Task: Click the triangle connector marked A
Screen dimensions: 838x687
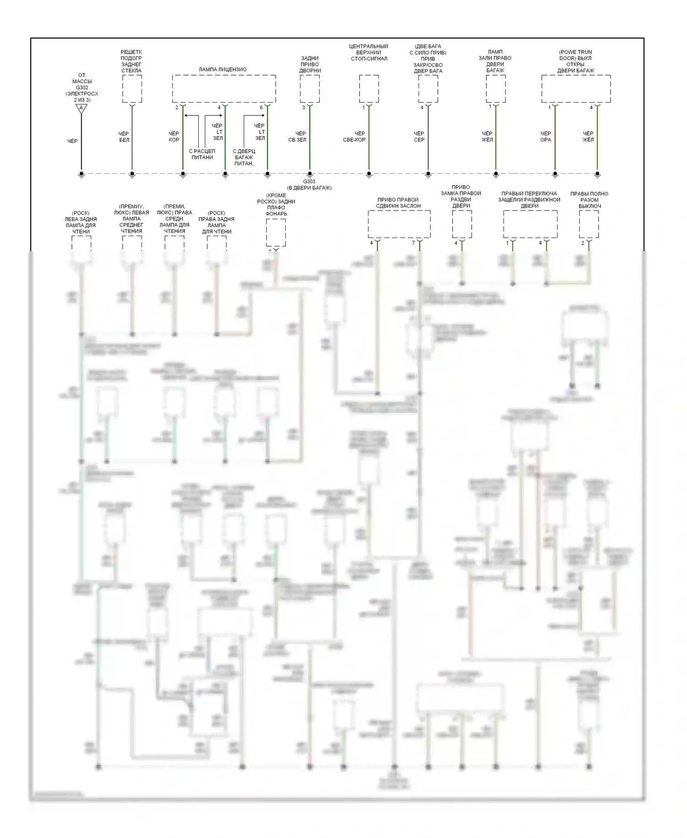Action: [x=81, y=109]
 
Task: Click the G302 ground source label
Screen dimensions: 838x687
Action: [x=82, y=88]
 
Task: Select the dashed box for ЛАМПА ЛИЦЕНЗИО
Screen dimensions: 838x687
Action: [x=224, y=89]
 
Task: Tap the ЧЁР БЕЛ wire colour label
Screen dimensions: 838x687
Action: [x=124, y=137]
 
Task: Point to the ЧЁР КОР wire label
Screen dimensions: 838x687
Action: [x=174, y=137]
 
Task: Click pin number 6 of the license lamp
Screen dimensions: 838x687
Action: [x=262, y=108]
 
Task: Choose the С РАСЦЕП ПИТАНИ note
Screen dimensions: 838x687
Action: [x=202, y=154]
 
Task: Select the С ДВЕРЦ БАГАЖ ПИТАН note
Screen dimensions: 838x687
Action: [x=244, y=157]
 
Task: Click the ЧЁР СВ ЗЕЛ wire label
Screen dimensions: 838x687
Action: [x=298, y=137]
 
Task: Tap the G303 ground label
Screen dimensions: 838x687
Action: [x=309, y=182]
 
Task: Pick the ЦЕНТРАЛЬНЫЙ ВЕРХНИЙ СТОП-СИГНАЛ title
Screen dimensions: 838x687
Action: [x=369, y=52]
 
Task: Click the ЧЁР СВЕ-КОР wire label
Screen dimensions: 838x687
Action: [x=354, y=137]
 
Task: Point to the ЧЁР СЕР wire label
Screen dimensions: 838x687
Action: [x=419, y=137]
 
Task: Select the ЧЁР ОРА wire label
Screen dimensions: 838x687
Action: [x=545, y=137]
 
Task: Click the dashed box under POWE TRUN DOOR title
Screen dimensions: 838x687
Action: [x=576, y=89]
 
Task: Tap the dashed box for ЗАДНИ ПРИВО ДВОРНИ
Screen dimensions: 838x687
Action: [x=310, y=89]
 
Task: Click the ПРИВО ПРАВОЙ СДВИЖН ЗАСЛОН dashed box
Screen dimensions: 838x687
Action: [x=399, y=224]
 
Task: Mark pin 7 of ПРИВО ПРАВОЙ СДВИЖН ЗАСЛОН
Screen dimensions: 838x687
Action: [x=414, y=243]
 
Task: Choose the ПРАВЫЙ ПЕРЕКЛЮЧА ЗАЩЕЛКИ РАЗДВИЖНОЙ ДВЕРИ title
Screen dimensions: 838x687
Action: [x=529, y=200]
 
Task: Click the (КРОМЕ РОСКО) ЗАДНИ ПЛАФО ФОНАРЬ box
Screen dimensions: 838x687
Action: [x=276, y=232]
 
